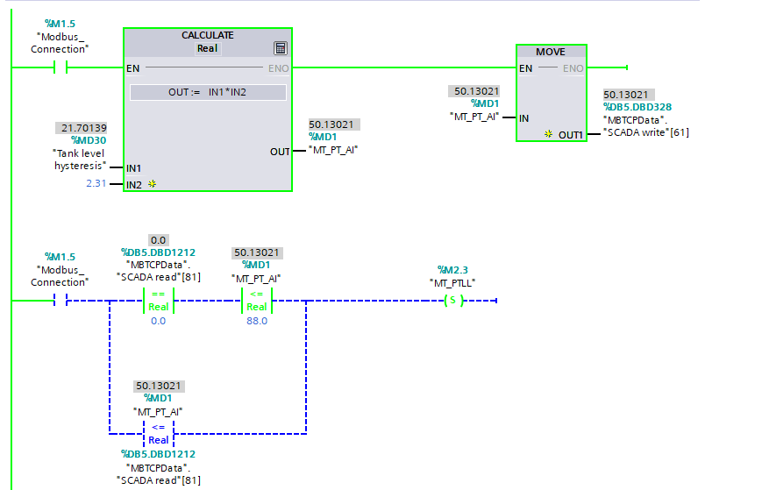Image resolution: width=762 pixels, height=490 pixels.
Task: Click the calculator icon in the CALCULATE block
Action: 281,48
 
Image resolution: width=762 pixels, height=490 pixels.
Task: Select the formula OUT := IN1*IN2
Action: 208,92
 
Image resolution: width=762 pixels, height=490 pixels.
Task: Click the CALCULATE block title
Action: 207,35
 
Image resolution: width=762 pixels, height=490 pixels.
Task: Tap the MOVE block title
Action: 551,52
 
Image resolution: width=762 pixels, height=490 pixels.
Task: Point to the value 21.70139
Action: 84,128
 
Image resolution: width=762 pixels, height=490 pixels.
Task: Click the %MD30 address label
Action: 89,140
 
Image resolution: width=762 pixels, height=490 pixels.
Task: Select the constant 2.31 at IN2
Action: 96,183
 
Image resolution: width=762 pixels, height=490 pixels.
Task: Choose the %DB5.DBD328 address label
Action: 637,107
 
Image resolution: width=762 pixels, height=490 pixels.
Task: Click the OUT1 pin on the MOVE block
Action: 570,134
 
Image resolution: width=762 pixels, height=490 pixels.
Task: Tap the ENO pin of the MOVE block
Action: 573,68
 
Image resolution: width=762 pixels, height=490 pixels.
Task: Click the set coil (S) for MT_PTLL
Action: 452,301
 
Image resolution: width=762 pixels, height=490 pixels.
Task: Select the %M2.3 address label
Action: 452,269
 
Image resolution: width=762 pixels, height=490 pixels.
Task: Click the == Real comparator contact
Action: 158,301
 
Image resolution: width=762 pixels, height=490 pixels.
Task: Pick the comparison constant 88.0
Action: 256,321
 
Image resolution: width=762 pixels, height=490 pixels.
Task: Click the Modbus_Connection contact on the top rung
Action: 61,67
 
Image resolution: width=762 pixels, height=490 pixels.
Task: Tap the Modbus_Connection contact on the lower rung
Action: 61,301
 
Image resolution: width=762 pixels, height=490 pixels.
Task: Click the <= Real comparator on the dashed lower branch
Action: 158,433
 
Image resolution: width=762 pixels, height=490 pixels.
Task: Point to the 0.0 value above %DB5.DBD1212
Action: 158,239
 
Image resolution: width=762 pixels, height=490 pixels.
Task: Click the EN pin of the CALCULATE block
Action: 133,67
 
